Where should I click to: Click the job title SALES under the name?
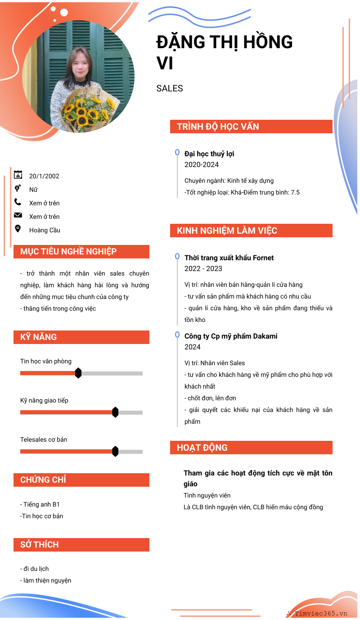coord(170,88)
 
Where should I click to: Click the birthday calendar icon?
coord(18,175)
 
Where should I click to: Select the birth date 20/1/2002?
coord(44,176)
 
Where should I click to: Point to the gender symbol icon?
coord(18,188)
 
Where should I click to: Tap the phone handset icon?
coord(18,202)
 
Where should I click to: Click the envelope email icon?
coord(18,215)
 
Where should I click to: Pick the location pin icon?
coord(18,229)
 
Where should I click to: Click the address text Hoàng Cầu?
coord(45,230)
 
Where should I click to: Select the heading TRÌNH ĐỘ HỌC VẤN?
coord(218,127)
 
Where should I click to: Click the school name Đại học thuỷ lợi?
coord(209,154)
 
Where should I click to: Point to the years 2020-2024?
coord(202,164)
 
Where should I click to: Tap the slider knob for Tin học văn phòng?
coord(78,373)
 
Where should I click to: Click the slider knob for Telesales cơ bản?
coord(115,451)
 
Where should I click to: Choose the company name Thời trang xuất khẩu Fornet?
coord(229,258)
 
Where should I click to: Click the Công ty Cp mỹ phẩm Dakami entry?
coord(231,336)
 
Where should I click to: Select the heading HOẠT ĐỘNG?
coord(202,448)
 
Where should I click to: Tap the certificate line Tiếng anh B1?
coord(40,504)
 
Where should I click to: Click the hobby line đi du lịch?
coord(35,569)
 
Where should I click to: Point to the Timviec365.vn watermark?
coord(320,613)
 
